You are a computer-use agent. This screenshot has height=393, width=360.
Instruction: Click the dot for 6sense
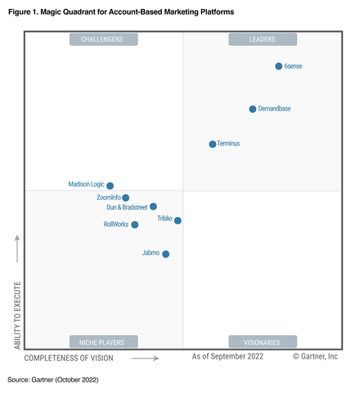pyautogui.click(x=278, y=66)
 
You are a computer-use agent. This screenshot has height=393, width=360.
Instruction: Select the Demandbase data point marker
pyautogui.click(x=253, y=109)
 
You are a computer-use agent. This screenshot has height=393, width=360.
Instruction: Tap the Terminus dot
pyautogui.click(x=213, y=144)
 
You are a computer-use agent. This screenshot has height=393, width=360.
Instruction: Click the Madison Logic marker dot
pyautogui.click(x=110, y=186)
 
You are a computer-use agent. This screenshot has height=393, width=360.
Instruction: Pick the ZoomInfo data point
pyautogui.click(x=125, y=198)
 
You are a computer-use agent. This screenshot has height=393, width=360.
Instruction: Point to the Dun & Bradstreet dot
pyautogui.click(x=153, y=207)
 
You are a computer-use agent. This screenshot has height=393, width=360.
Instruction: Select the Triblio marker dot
pyautogui.click(x=178, y=220)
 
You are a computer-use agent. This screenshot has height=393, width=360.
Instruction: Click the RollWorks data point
pyautogui.click(x=135, y=224)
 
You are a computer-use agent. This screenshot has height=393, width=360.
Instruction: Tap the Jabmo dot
pyautogui.click(x=166, y=254)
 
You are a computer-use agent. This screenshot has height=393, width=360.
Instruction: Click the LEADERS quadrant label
pyautogui.click(x=263, y=39)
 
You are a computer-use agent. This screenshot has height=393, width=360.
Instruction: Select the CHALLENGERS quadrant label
pyautogui.click(x=103, y=39)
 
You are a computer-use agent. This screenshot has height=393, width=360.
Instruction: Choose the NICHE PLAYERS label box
pyautogui.click(x=103, y=341)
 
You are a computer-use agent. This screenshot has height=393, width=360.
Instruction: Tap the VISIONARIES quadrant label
pyautogui.click(x=263, y=341)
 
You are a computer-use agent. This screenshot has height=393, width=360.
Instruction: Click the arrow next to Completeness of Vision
pyautogui.click(x=145, y=358)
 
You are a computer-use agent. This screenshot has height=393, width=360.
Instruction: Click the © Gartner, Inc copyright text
pyautogui.click(x=315, y=357)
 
